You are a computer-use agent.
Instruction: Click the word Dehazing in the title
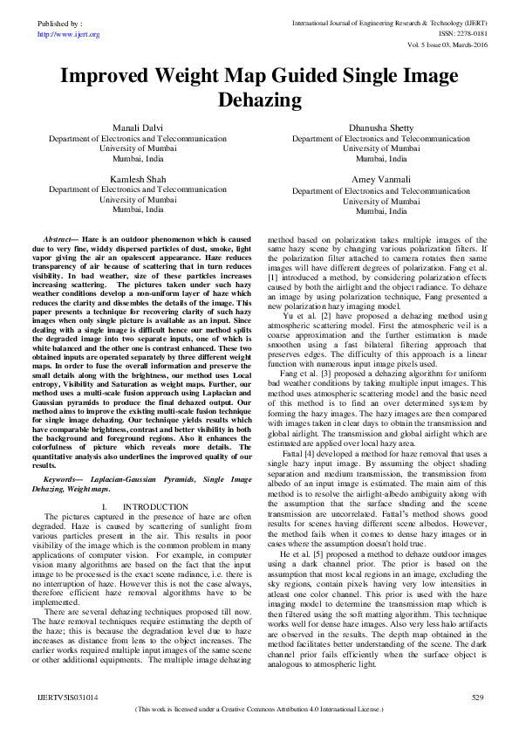(x=259, y=100)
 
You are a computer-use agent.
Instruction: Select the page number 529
(x=476, y=698)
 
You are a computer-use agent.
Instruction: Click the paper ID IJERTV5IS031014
(x=67, y=698)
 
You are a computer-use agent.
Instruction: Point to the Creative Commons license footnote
(x=259, y=710)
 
